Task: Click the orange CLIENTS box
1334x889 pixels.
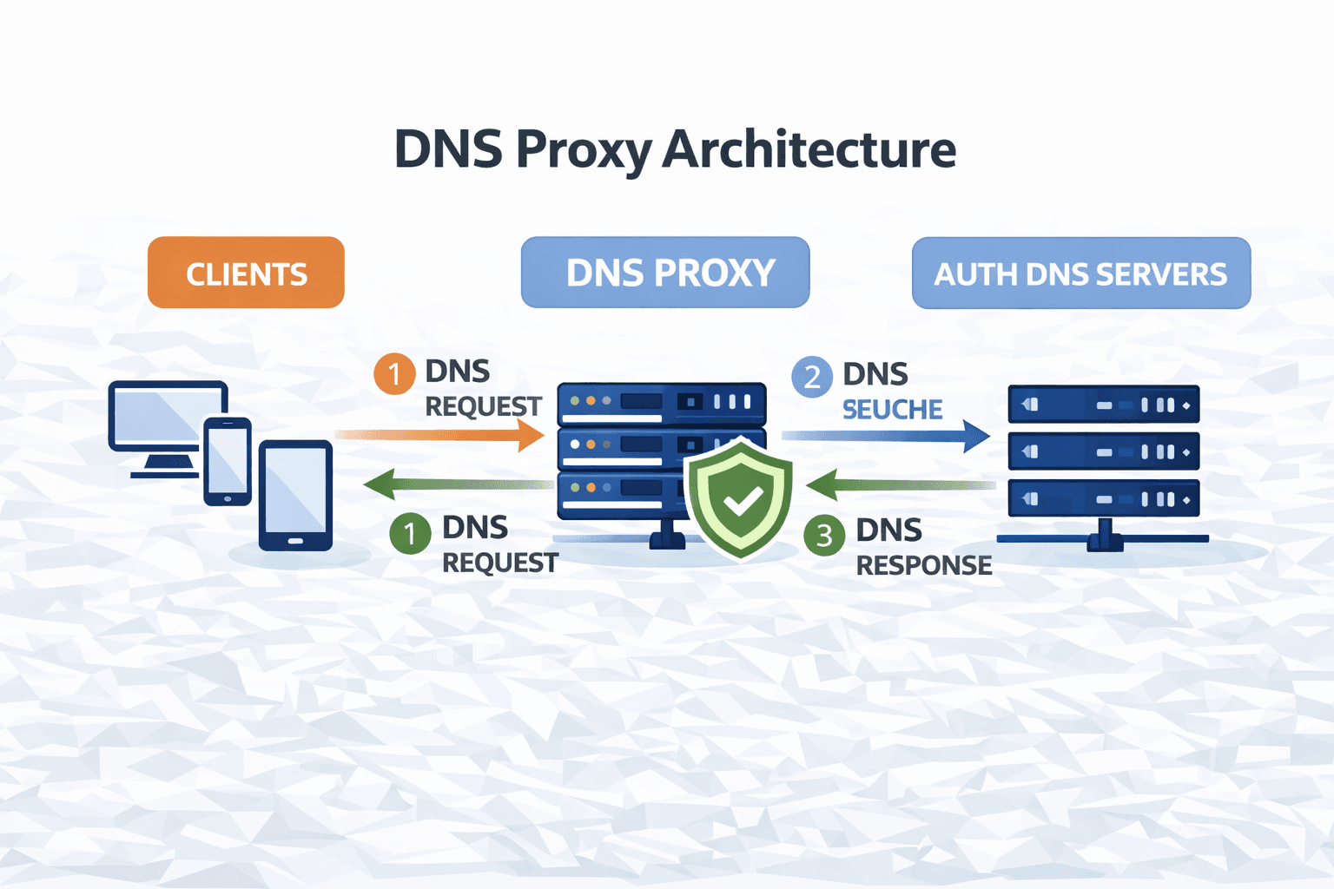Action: click(246, 273)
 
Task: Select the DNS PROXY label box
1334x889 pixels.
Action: click(665, 273)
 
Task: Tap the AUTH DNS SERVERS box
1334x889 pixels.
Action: click(1080, 273)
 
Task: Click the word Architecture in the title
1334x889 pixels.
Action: click(809, 149)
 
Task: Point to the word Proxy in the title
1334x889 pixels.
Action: click(583, 149)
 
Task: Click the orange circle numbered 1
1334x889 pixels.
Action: click(394, 374)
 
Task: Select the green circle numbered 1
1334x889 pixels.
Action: click(410, 532)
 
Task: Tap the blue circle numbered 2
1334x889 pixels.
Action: click(812, 377)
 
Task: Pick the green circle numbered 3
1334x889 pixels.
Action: click(824, 535)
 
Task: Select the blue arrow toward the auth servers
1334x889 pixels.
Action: click(886, 436)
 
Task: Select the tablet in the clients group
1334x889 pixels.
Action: click(295, 495)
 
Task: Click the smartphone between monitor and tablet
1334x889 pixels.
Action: click(228, 461)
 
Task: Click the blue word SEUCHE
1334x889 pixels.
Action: click(892, 410)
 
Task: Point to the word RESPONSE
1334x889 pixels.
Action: click(924, 566)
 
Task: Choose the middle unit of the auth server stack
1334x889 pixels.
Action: click(1103, 451)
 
